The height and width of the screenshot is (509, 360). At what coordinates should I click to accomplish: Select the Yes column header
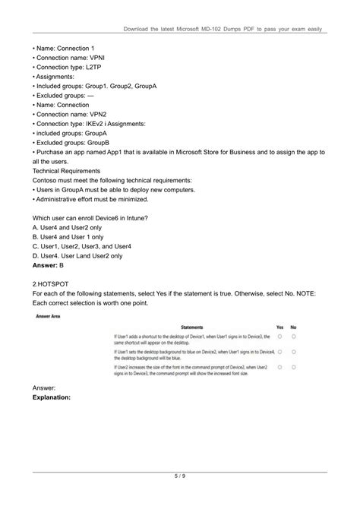(x=279, y=327)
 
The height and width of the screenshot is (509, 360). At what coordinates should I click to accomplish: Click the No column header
(x=294, y=327)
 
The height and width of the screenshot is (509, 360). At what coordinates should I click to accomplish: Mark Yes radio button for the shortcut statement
(x=279, y=336)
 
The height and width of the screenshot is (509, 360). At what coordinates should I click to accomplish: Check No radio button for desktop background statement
(x=294, y=352)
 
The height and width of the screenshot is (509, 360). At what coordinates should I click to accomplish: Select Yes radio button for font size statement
(x=279, y=367)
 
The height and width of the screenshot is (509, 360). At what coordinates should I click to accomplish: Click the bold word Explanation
(x=52, y=397)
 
